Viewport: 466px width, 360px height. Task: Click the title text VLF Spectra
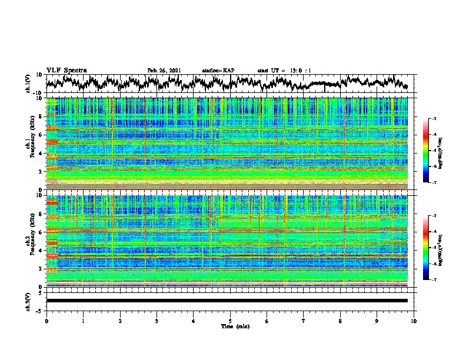click(66, 71)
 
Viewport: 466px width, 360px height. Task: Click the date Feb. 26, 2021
click(164, 71)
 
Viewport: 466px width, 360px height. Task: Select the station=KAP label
click(218, 71)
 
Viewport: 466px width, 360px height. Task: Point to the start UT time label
click(284, 71)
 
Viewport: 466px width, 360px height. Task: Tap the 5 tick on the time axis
click(230, 321)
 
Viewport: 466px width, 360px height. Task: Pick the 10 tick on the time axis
click(414, 321)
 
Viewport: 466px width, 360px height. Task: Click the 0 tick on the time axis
click(46, 321)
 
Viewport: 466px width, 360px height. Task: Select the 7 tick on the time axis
click(304, 321)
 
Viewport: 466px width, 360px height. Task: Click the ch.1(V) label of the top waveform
click(29, 84)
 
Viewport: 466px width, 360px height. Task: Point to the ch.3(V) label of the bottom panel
click(29, 301)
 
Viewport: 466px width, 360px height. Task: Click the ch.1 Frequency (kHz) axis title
click(29, 144)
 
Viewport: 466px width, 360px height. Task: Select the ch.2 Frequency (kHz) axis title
click(29, 241)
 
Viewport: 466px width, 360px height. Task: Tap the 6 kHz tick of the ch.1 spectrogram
click(39, 135)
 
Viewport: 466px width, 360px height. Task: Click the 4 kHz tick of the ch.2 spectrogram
click(39, 251)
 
